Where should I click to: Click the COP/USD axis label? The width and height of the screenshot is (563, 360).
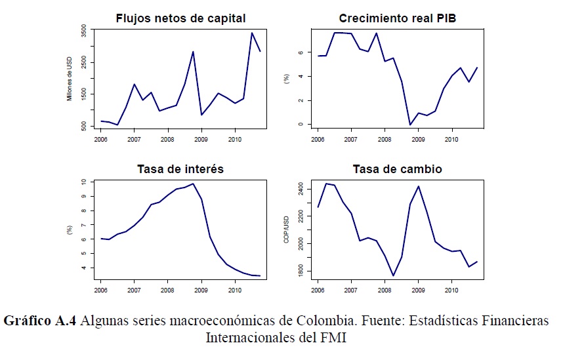point(286,230)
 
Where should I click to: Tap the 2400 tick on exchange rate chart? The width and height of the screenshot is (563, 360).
point(301,189)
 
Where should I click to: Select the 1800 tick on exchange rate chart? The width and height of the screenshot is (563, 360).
point(301,271)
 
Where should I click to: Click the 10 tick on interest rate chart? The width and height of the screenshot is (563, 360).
point(84,182)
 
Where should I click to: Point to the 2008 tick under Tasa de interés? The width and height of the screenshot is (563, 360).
point(167,289)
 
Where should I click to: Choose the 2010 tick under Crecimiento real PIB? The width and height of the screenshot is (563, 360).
point(451,140)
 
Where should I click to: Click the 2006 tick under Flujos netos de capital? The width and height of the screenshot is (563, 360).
point(100,140)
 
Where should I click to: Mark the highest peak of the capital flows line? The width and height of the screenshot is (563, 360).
point(252,32)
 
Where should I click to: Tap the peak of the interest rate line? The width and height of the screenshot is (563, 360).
point(193,184)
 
